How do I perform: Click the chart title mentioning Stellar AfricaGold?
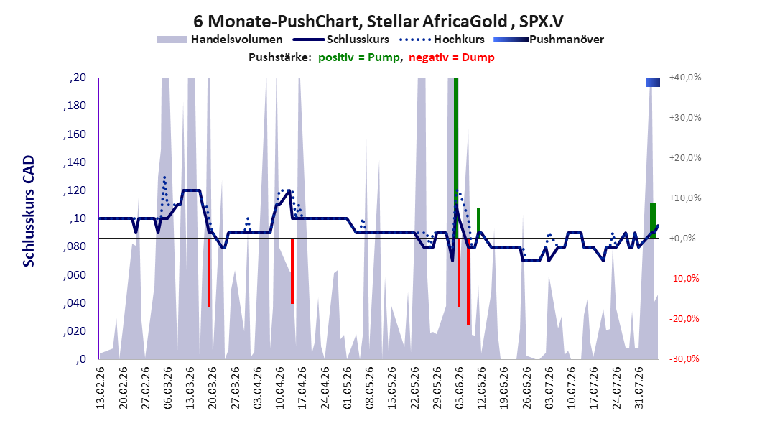[378, 22]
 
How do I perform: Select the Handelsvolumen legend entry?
[220, 40]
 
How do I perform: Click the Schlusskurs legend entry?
[341, 40]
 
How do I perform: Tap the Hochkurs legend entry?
[442, 40]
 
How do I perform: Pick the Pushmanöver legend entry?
[549, 40]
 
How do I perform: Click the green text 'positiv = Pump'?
[359, 57]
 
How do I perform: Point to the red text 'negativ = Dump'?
[452, 57]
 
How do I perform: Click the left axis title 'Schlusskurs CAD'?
[29, 211]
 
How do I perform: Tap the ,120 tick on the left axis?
[75, 190]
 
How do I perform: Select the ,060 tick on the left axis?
[75, 274]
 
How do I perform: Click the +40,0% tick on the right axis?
[685, 78]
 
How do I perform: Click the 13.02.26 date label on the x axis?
[101, 388]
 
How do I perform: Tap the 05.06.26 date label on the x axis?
[459, 388]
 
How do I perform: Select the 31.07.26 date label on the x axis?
[638, 388]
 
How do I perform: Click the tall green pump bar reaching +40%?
[456, 158]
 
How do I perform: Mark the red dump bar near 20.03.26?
[209, 273]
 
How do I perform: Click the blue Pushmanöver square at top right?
[653, 82]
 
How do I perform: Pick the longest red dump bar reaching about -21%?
[468, 282]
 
